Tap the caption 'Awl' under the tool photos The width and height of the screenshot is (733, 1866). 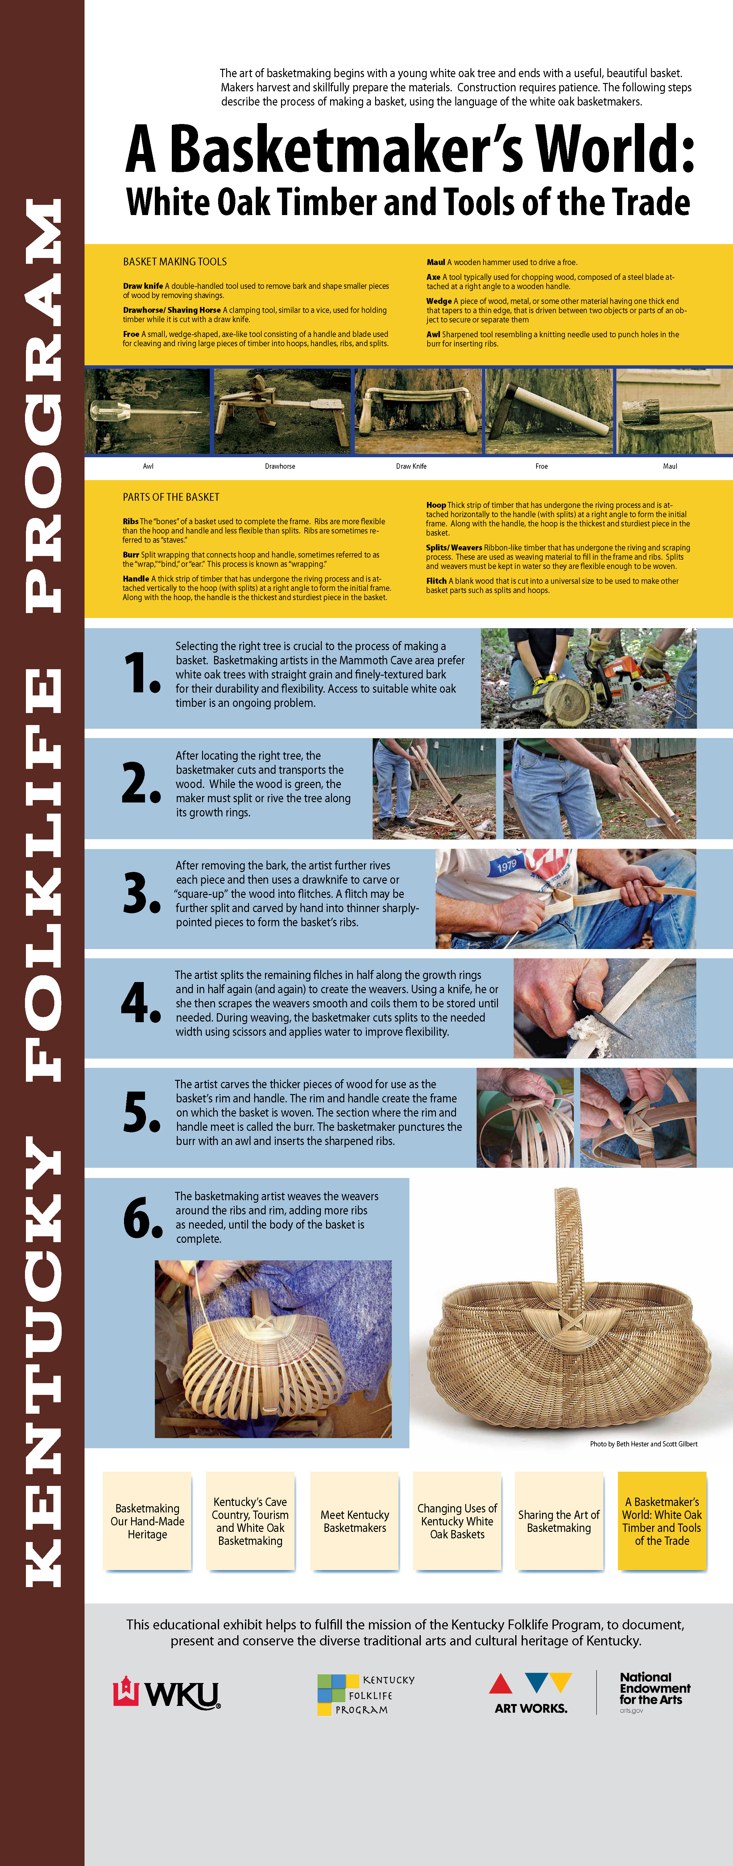(x=148, y=466)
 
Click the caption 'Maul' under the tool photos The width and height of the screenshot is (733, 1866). (x=670, y=466)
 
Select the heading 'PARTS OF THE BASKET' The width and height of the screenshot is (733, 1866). (x=171, y=497)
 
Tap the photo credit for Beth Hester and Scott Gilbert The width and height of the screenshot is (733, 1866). (x=643, y=1444)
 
